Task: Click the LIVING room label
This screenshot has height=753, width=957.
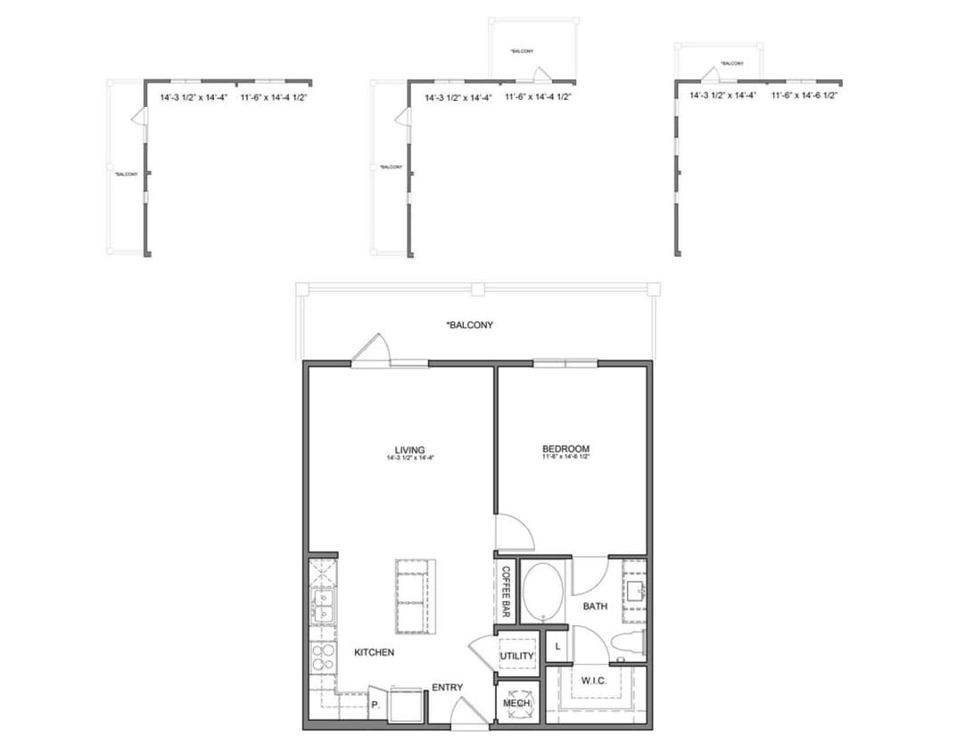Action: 409,450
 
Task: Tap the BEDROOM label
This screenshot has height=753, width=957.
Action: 565,449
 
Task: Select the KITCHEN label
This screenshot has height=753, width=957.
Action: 374,652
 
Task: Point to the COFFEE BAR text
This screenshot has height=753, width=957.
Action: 506,592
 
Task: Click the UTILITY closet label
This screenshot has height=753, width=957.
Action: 516,657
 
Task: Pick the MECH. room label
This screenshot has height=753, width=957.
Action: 516,704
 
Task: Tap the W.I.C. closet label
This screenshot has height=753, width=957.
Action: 595,681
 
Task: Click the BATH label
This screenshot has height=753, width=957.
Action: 595,607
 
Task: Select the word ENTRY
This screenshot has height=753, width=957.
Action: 447,687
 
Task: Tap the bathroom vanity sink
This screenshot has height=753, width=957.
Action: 635,591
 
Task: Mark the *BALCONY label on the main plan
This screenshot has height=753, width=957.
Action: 469,326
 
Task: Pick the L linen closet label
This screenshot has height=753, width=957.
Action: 557,645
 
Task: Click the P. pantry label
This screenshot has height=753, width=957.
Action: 376,704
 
